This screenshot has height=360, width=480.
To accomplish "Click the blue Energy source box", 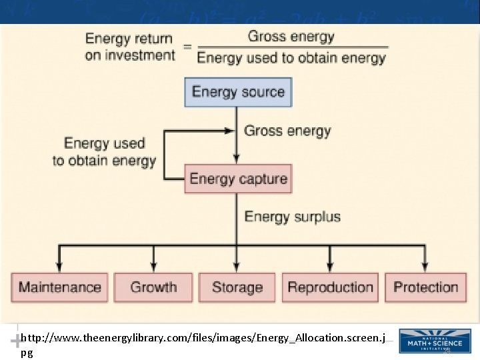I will point(237,92).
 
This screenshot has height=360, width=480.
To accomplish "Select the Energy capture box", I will point(238,179).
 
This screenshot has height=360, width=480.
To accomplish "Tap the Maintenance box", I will point(59,287).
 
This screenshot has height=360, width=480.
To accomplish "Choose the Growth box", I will point(153,287).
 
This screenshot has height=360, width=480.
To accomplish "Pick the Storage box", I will point(237,287).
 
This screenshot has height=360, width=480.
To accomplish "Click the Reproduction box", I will point(330,287).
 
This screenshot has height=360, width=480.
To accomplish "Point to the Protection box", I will point(425,287).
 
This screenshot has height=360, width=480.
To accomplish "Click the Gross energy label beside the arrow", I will point(287,131).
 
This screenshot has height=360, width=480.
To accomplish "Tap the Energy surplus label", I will point(292,217).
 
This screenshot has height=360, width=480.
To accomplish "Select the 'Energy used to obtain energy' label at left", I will point(104,152).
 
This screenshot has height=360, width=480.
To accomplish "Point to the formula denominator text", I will point(291,58).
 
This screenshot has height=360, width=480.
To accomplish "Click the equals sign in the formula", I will point(186,47).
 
